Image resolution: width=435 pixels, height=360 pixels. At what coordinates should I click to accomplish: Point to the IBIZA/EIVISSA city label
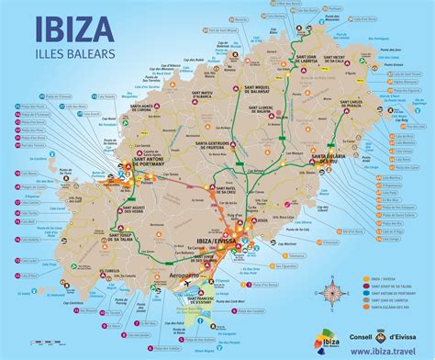tap(212, 241)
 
